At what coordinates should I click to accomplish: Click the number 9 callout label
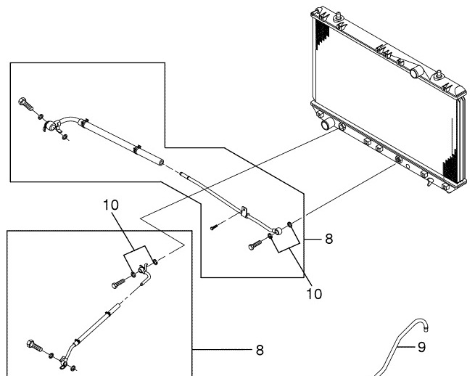421,347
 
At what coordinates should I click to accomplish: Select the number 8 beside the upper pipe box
329,238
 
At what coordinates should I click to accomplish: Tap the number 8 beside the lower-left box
259,351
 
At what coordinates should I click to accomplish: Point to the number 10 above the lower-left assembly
111,205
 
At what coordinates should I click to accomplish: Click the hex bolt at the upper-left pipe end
25,103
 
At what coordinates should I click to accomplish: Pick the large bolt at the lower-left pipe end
33,345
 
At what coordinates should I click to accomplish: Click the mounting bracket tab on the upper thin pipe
244,213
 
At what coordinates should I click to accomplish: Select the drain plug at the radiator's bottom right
430,181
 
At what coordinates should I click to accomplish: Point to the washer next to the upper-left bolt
41,116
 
